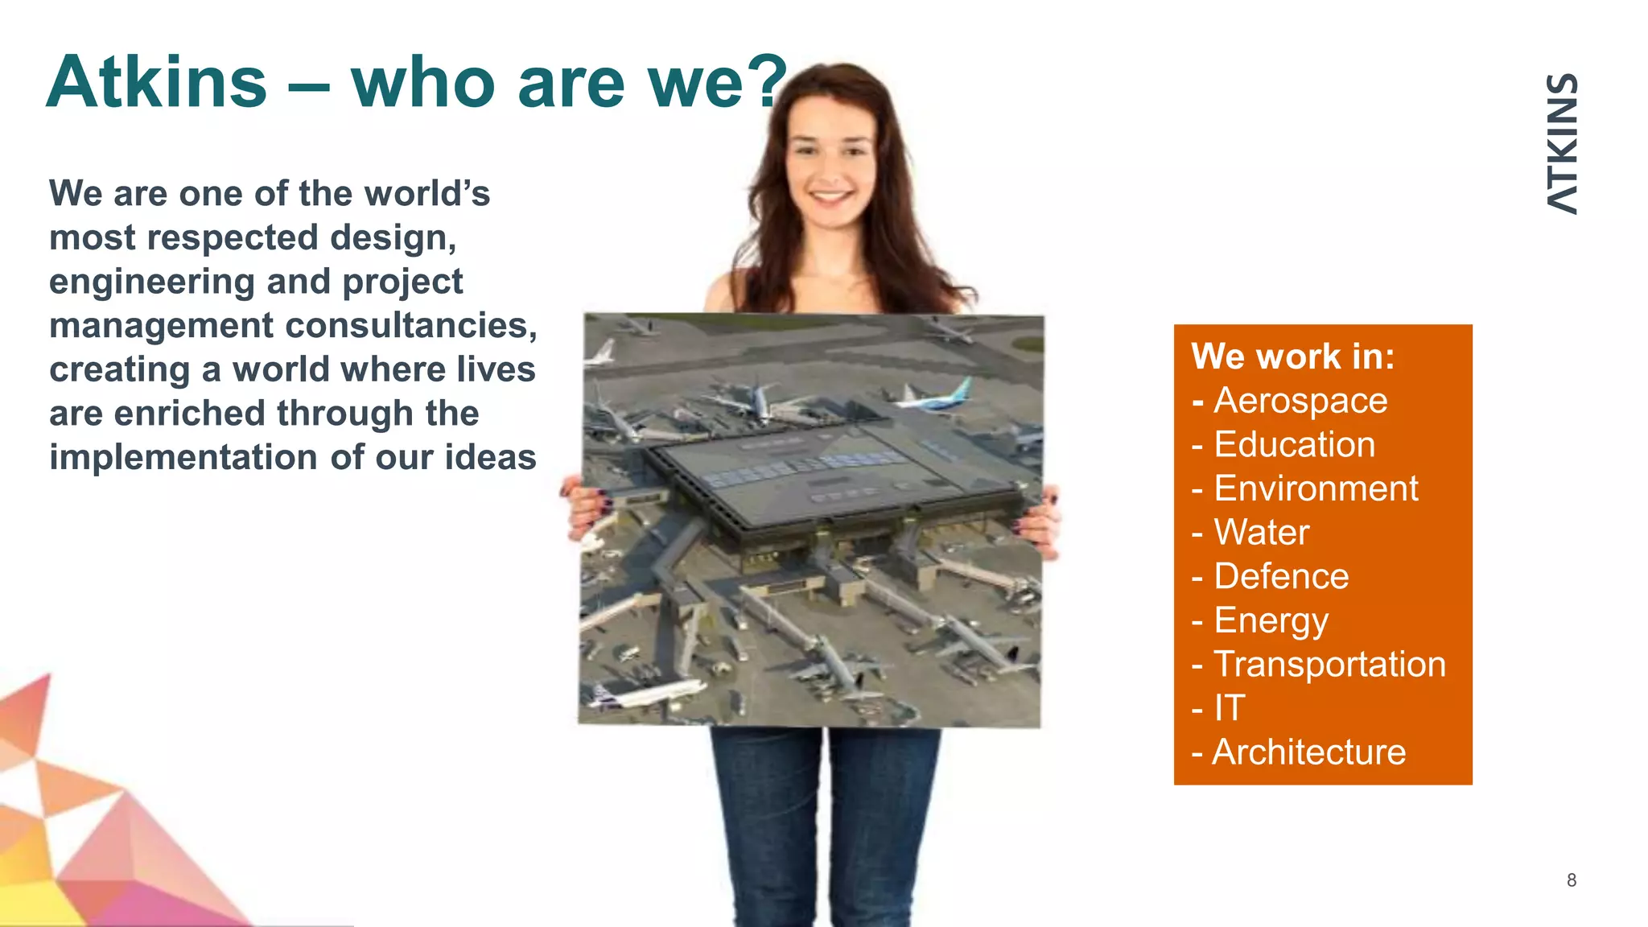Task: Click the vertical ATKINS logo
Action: click(1562, 143)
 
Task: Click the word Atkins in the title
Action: click(157, 82)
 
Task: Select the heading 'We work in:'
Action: click(1292, 356)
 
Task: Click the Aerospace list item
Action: click(1300, 401)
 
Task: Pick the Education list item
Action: click(1294, 445)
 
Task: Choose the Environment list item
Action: click(1315, 488)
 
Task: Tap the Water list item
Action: click(1261, 533)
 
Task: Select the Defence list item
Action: click(1280, 576)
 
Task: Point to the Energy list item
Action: click(1271, 620)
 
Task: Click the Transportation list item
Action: click(1329, 665)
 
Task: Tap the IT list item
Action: click(1229, 708)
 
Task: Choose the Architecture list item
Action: click(1308, 752)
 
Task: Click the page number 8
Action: click(1571, 880)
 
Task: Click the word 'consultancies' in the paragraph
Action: click(410, 326)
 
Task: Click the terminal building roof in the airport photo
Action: click(829, 475)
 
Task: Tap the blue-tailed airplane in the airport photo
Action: click(937, 396)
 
